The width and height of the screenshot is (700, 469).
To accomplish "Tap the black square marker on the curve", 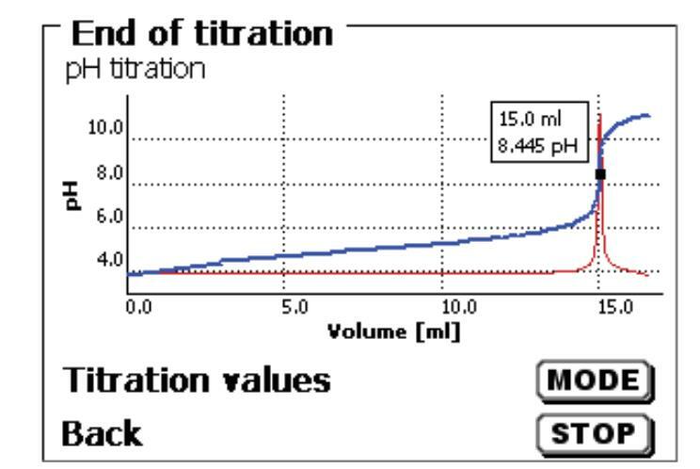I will coord(600,174).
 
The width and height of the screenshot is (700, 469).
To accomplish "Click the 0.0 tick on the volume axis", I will coord(138,307).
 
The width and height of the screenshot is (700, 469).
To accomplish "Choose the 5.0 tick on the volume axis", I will coord(294,307).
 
